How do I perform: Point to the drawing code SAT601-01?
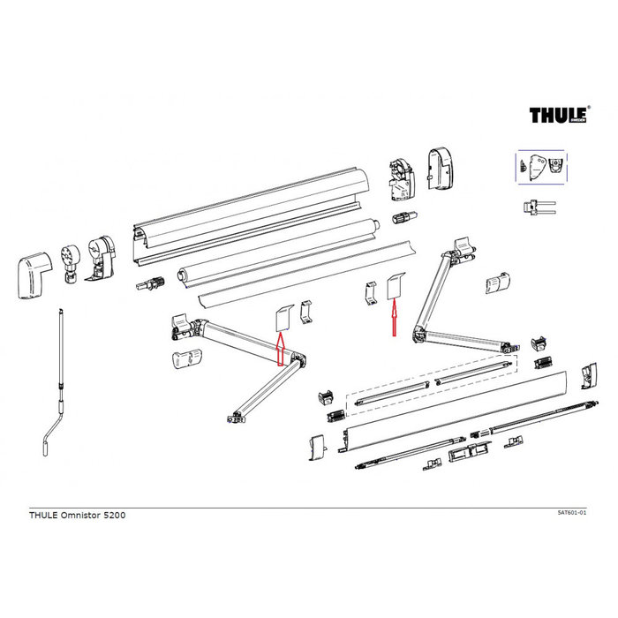coord(578,512)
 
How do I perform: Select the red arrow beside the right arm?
coord(394,320)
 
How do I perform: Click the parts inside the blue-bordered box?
coord(540,168)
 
